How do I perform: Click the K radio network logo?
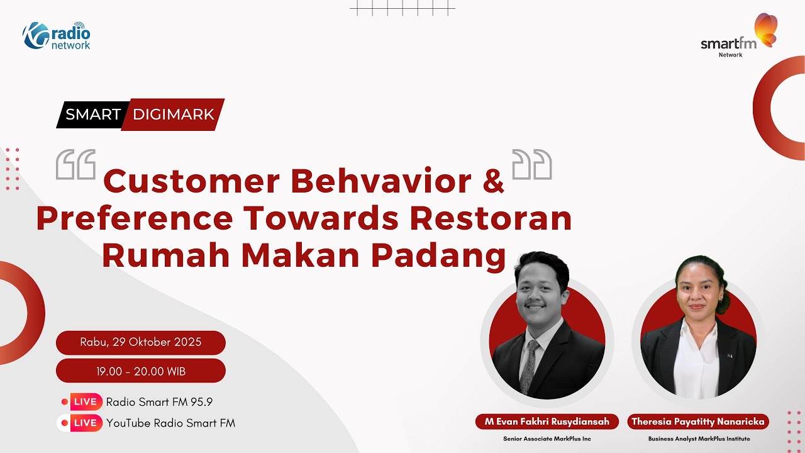[57, 36]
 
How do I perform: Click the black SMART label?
[93, 115]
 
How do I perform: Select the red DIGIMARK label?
[174, 115]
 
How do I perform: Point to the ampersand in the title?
[494, 182]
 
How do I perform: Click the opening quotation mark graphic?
[75, 165]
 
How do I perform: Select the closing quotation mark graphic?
[532, 165]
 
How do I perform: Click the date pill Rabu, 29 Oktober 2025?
[141, 342]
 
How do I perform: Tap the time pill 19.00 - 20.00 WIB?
[141, 371]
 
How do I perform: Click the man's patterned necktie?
[530, 365]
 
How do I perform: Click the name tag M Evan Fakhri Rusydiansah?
[547, 422]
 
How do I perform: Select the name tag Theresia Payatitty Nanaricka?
[698, 422]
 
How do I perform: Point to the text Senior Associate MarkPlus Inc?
[547, 439]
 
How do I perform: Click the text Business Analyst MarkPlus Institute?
[699, 439]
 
